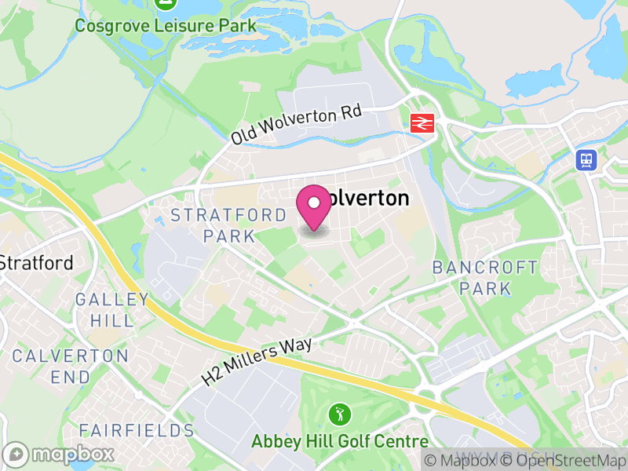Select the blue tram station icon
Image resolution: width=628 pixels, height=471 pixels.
(586, 160)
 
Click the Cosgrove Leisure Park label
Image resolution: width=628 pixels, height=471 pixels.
(166, 26)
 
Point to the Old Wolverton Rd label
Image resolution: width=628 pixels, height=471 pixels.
(296, 125)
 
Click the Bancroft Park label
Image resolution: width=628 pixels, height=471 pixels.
(486, 278)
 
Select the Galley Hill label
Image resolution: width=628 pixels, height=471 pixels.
(112, 309)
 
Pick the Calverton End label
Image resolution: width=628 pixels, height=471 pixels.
(70, 366)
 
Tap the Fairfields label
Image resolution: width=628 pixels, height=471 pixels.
(137, 430)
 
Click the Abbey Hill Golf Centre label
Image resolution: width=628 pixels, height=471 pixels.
(340, 441)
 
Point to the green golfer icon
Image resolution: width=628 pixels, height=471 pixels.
(339, 413)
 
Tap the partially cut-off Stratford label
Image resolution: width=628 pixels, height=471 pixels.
(36, 262)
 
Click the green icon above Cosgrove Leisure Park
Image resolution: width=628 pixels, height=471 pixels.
(166, 4)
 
